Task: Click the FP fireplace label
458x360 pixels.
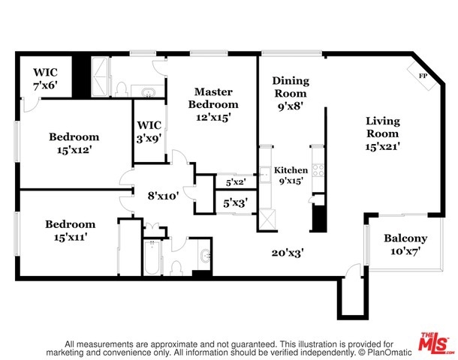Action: pos(423,76)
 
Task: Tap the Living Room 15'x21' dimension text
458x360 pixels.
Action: pos(382,146)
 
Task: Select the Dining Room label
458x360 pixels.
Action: pos(291,87)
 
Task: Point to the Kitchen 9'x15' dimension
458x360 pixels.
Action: pos(291,181)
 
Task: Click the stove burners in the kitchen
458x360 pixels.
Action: pos(318,170)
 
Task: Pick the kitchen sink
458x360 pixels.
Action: pos(265,175)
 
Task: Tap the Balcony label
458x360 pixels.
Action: pos(405,238)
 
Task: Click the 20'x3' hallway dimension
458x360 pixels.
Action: pos(288,253)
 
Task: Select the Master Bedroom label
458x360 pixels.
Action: pos(213,98)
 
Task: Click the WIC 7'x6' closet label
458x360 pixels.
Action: pos(45,79)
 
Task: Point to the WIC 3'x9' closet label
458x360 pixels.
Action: pos(149,132)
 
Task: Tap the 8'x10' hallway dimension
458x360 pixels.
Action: pos(163,196)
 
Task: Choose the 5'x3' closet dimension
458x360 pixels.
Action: pos(236,202)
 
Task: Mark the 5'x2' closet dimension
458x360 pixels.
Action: pos(236,183)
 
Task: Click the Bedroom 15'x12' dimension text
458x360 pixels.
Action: pos(74,150)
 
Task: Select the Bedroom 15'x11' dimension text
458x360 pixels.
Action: pos(71,237)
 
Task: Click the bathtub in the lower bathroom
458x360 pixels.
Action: pos(152,257)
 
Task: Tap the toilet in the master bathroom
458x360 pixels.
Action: pos(121,89)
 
